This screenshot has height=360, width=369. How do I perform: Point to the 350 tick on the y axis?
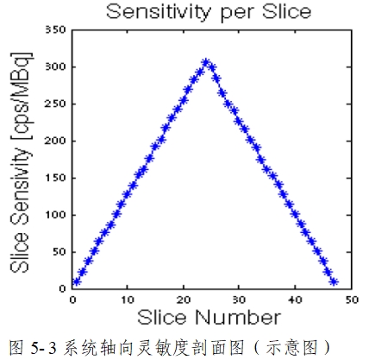coord(53,30)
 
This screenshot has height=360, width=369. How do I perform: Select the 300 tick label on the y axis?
coord(53,67)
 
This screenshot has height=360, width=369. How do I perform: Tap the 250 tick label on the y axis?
coord(53,104)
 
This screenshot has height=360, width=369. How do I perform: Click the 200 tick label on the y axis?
coord(53,141)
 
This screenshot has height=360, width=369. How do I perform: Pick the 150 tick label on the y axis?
coord(53,178)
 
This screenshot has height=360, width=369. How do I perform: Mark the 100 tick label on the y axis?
coord(53,215)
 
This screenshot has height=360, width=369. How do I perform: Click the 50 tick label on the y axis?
coord(56,252)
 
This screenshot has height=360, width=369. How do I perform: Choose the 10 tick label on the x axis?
coord(127,299)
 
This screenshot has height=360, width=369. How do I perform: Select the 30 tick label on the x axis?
coord(239,299)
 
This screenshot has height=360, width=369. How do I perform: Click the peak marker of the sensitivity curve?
coord(205,63)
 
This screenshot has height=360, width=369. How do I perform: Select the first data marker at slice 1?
coord(77,281)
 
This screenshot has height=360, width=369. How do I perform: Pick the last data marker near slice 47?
coord(334,281)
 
